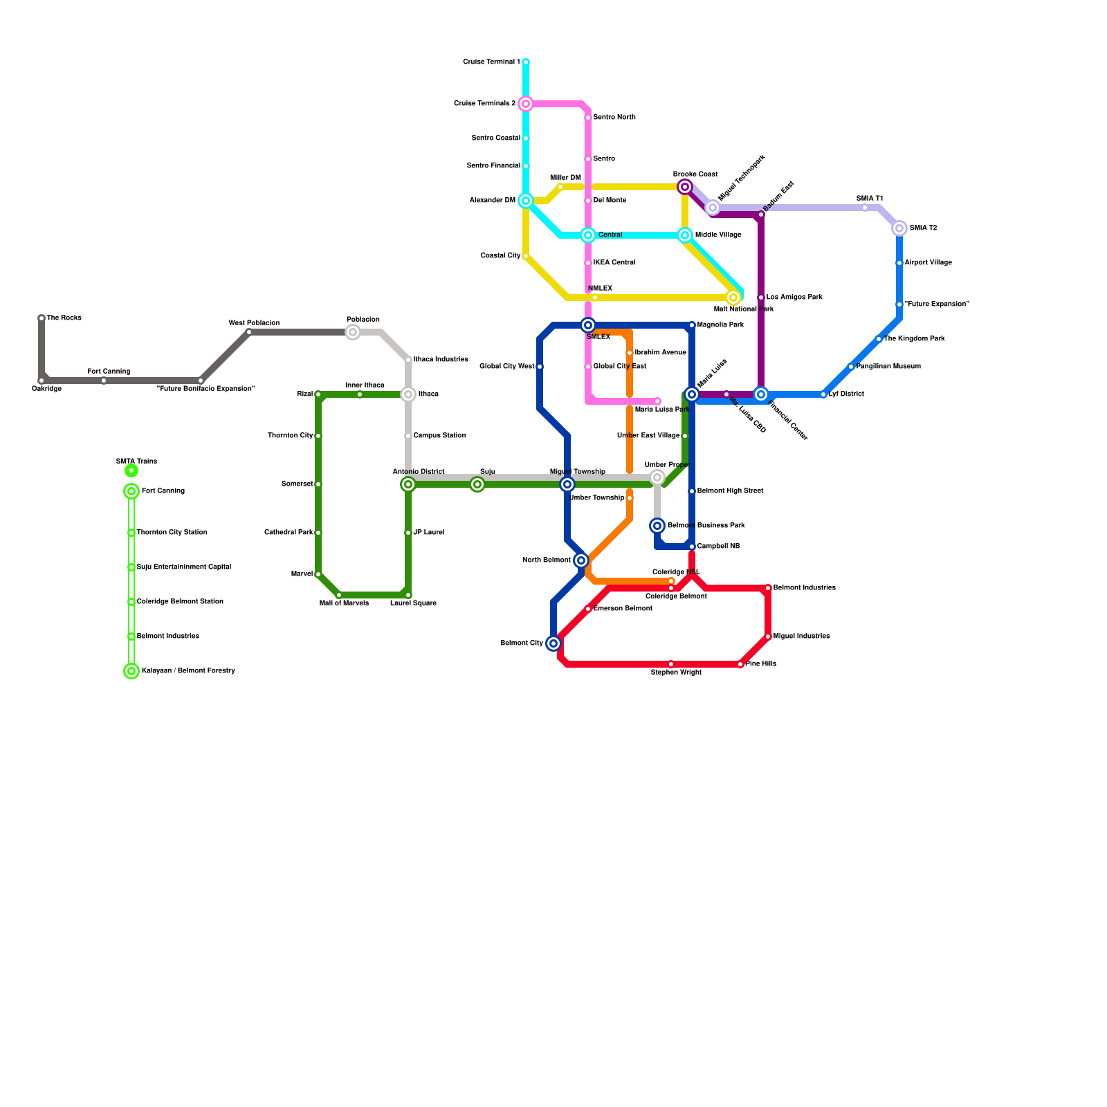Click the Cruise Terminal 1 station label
(491, 62)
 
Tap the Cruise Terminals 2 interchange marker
(526, 104)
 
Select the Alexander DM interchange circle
(526, 201)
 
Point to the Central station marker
(588, 235)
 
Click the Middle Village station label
(718, 235)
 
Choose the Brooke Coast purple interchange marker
(685, 187)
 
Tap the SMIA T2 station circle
(899, 228)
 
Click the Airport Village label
(928, 263)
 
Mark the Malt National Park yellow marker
(733, 298)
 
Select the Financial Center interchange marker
(761, 394)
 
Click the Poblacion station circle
(353, 332)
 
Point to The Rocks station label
(64, 318)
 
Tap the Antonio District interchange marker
(408, 484)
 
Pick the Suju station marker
(477, 484)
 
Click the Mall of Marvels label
(344, 603)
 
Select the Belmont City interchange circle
(553, 643)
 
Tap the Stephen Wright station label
(676, 673)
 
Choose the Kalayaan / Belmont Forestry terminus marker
(131, 671)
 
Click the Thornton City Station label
(172, 533)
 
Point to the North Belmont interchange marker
(581, 560)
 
